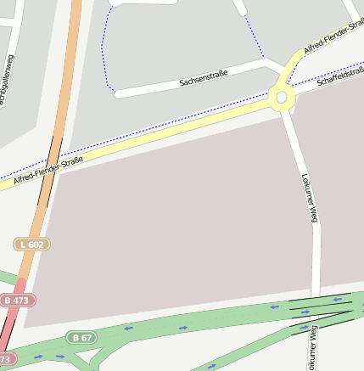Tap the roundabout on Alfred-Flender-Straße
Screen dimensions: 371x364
pos(282,98)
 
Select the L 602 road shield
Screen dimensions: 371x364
pos(32,245)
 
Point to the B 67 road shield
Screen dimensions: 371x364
pos(82,338)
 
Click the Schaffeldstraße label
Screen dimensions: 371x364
pos(340,77)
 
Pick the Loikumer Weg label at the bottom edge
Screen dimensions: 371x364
pos(312,348)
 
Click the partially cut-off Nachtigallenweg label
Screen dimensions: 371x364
pos(8,81)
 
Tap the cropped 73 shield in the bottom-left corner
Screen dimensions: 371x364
pos(6,359)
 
